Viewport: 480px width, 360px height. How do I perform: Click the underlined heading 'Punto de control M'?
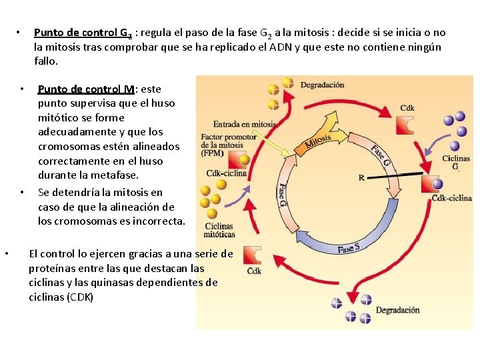(87, 89)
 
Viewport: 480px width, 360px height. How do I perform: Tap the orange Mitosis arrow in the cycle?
(318, 141)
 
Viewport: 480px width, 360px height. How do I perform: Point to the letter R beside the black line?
(361, 178)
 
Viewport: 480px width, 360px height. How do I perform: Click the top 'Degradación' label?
(322, 85)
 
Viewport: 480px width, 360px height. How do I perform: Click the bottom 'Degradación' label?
(397, 310)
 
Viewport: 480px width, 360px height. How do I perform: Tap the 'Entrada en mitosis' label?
(244, 124)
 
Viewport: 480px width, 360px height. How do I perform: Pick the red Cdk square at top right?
(406, 126)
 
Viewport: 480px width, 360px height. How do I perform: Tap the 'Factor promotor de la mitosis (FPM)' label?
(223, 145)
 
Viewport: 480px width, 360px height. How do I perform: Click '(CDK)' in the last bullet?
(81, 297)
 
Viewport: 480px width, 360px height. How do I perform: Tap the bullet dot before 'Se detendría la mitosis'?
(22, 193)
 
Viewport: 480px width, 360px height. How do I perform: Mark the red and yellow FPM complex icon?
(238, 159)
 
